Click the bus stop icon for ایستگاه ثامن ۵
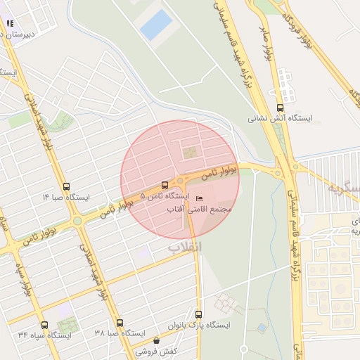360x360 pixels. coord(165,185)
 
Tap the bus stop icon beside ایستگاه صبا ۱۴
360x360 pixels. coord(66,187)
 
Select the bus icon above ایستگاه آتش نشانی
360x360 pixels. coord(281,108)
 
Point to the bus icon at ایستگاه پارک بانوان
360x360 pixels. coord(198,314)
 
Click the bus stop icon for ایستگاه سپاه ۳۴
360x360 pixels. coord(45,324)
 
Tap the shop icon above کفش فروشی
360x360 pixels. coord(155,340)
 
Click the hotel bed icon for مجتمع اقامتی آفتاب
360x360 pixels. coord(199,199)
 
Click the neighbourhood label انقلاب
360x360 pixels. coord(185,247)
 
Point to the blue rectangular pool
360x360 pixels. coord(155,25)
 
